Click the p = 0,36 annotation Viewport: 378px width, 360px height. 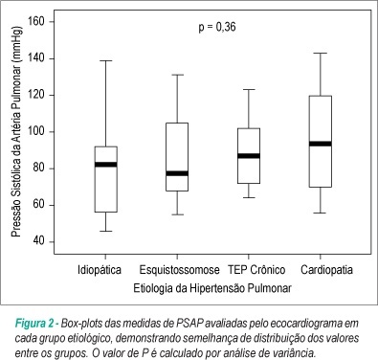point(217,27)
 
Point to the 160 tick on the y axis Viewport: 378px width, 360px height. point(51,22)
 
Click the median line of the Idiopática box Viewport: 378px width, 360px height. point(106,165)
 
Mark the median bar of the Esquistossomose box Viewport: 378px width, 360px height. point(177,173)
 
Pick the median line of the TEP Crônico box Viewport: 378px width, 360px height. point(249,156)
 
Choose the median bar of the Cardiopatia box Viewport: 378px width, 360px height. point(321,144)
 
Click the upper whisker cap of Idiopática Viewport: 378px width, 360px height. point(106,60)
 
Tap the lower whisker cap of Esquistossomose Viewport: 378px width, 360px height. point(177,214)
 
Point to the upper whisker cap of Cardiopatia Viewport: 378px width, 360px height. point(321,53)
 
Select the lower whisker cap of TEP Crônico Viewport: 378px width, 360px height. point(249,197)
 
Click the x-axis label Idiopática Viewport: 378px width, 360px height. point(100,270)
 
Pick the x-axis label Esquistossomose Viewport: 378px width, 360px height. point(179,270)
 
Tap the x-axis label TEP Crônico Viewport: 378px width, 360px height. point(256,270)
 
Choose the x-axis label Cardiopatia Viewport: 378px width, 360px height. point(326,270)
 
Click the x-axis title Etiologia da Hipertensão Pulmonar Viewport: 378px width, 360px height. point(212,288)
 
